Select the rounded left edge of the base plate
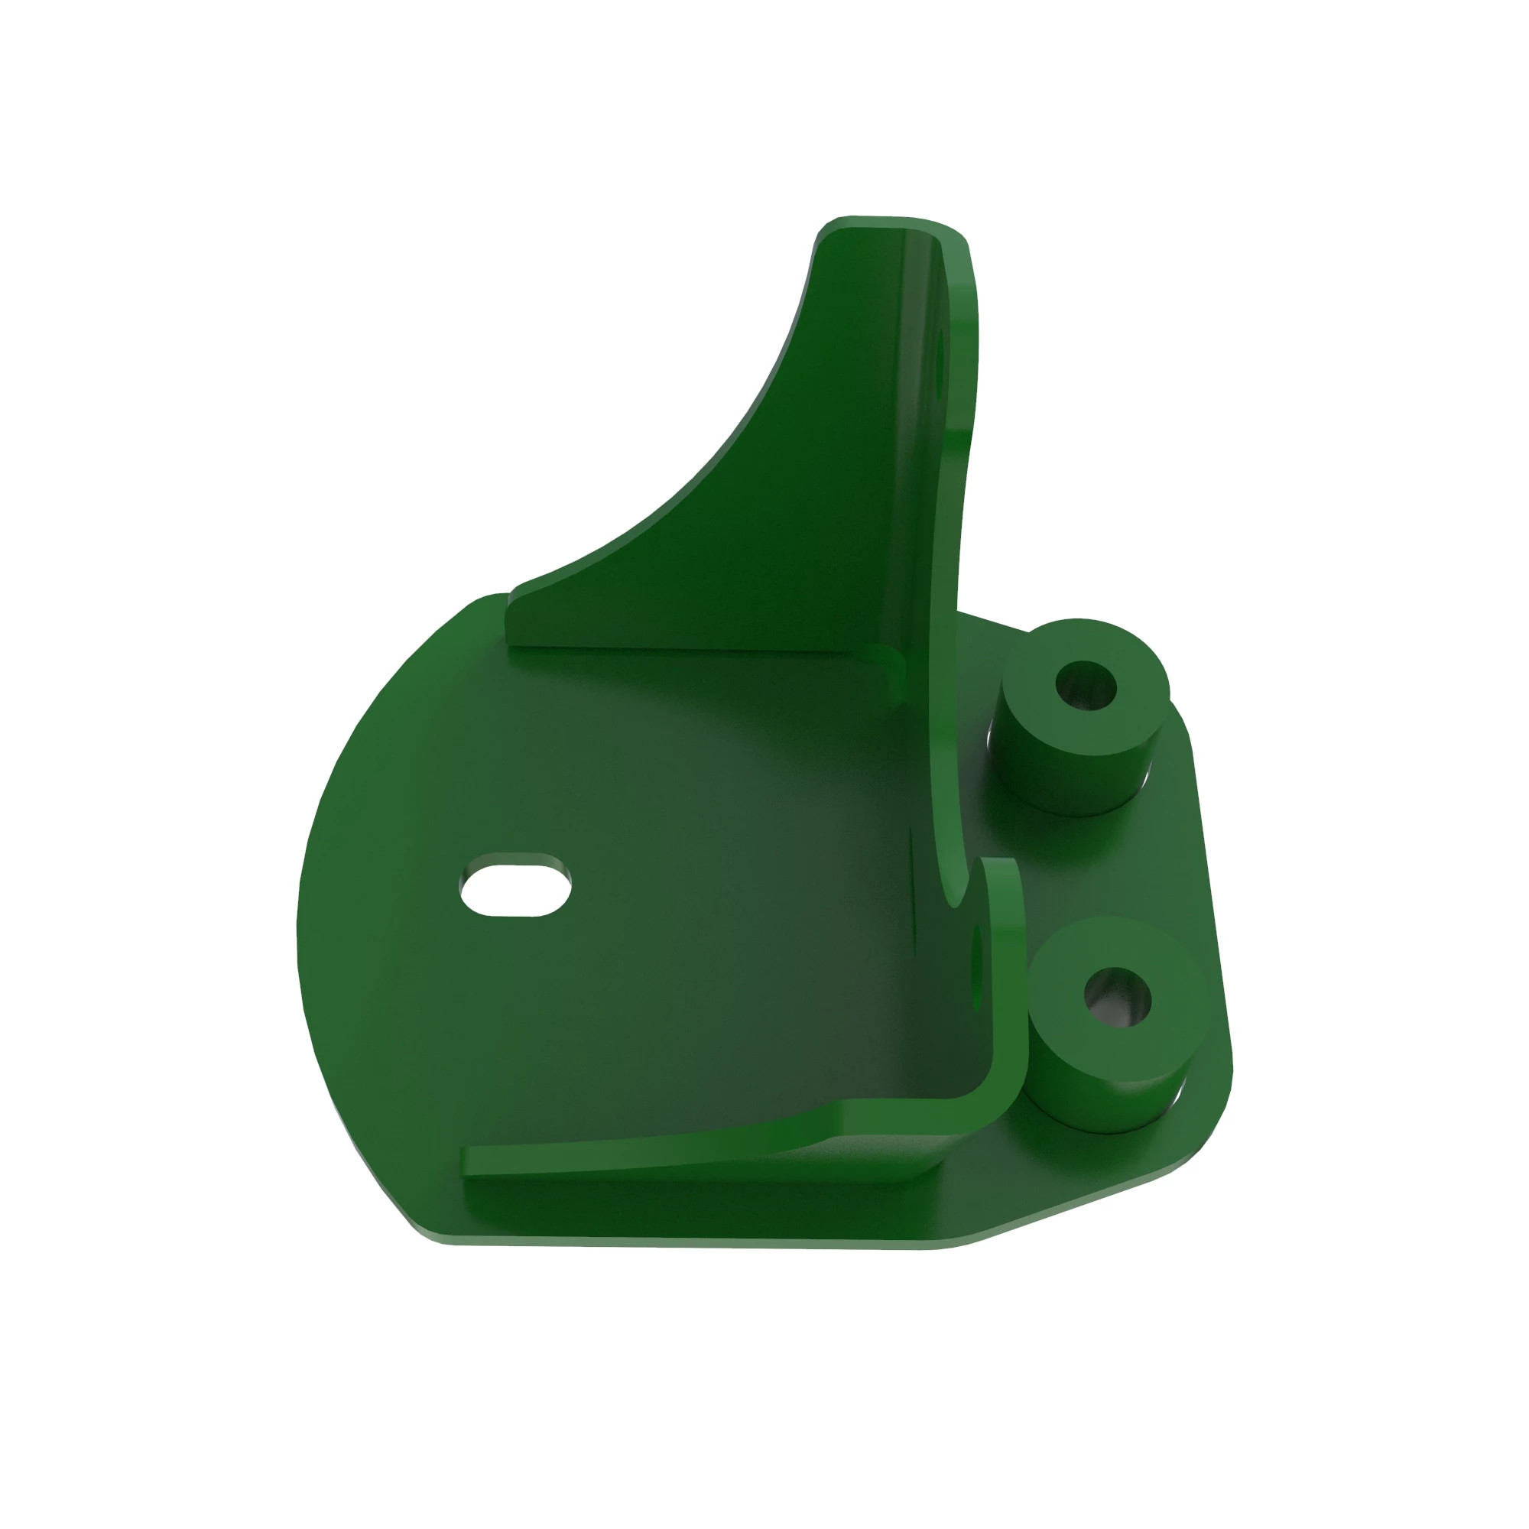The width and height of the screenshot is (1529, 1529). point(305,910)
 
